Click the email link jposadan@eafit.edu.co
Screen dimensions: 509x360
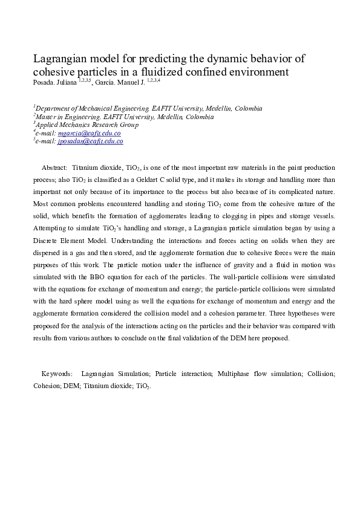point(90,141)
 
